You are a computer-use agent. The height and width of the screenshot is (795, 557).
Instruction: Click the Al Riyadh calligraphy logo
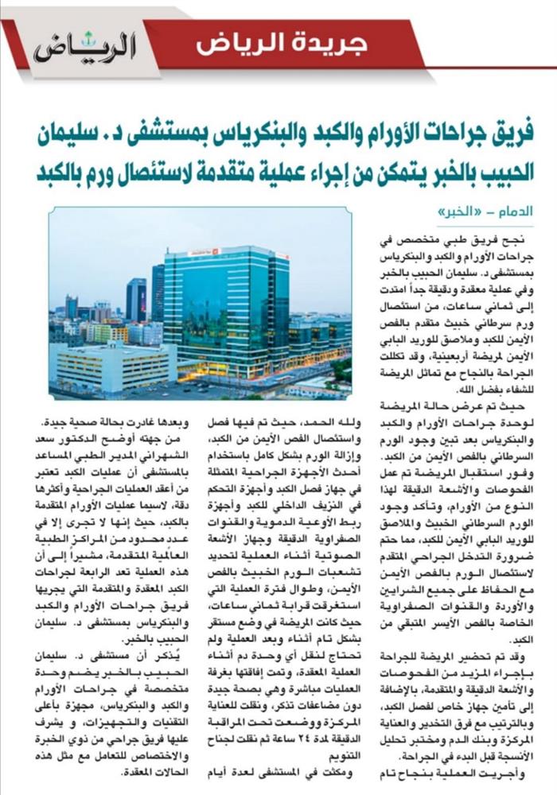point(84,48)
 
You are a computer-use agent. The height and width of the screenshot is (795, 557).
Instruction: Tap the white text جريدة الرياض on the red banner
point(282,42)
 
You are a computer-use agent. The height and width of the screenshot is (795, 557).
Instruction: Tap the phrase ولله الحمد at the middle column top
point(335,418)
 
